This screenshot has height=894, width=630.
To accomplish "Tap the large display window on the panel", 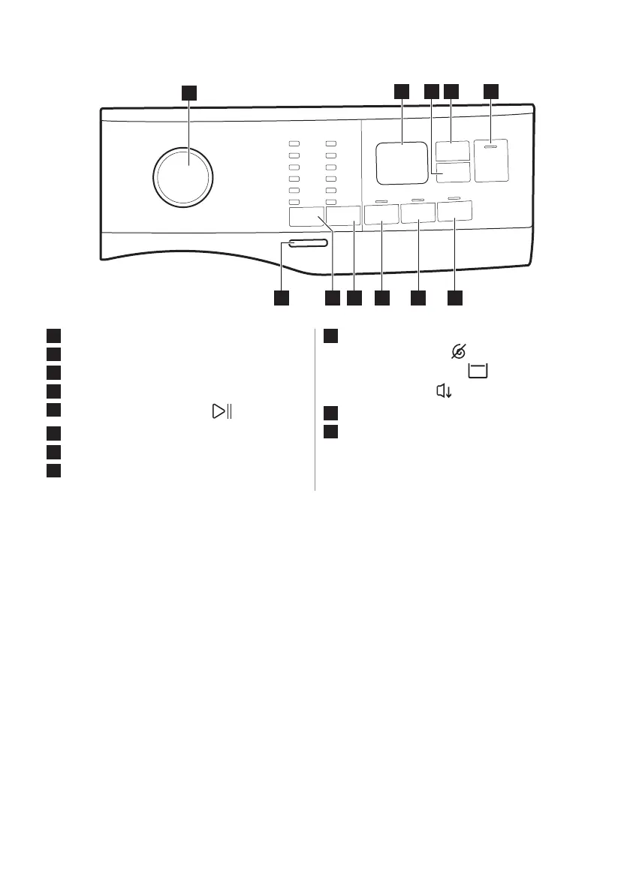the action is click(x=402, y=162).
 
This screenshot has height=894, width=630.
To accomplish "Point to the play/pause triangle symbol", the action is click(x=220, y=411).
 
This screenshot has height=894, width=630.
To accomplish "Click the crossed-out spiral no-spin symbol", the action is click(x=459, y=351).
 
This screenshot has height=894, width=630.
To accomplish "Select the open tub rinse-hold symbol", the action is click(x=478, y=371).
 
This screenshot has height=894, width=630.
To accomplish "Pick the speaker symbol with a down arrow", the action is click(x=443, y=390).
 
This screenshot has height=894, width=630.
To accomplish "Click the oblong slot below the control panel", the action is click(x=306, y=243).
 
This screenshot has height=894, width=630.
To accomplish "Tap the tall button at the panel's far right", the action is click(x=491, y=159).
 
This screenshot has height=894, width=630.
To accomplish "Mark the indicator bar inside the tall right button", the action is click(x=491, y=149).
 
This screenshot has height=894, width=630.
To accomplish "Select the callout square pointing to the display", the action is click(x=402, y=92).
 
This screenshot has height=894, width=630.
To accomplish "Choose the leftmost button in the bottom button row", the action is click(x=306, y=218).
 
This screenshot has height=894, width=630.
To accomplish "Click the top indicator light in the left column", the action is click(x=294, y=143).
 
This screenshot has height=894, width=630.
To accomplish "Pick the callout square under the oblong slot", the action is click(x=281, y=298).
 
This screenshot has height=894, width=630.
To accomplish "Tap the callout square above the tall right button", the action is click(x=491, y=92).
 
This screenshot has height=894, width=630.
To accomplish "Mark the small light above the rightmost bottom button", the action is click(x=453, y=197).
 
